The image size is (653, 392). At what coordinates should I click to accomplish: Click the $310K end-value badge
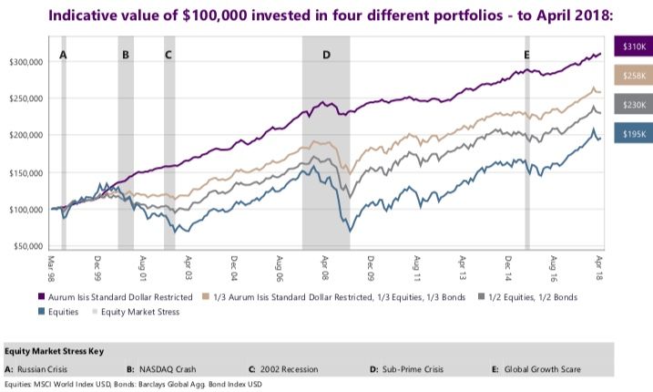[x=634, y=46]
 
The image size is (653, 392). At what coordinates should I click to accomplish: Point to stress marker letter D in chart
[x=326, y=55]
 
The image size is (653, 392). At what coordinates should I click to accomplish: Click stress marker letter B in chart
[x=125, y=55]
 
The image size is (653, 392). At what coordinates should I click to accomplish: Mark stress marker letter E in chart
[x=526, y=55]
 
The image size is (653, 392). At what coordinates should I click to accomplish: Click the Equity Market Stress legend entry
[x=137, y=311]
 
